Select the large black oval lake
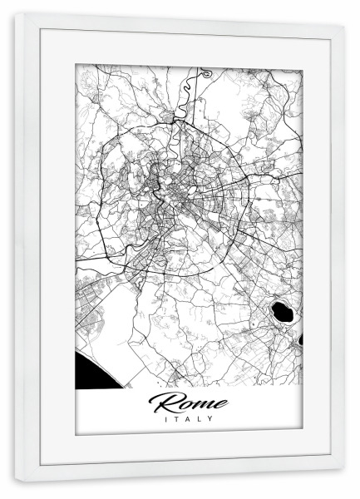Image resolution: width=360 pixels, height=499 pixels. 281,314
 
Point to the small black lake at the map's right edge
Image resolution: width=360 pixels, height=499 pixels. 300,338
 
